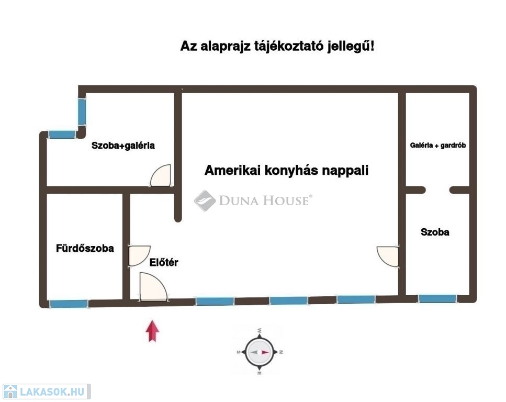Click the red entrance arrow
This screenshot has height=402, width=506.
(152, 331)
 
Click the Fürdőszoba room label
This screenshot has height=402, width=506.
(85, 249)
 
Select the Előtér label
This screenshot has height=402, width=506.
(164, 263)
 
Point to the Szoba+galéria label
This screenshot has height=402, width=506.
(123, 146)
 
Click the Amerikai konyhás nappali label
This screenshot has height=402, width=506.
(286, 171)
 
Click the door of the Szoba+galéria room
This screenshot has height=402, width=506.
(161, 176)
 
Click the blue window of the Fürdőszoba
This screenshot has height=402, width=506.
(69, 304)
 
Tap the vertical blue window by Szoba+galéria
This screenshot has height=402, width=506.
(82, 112)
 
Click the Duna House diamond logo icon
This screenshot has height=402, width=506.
(205, 200)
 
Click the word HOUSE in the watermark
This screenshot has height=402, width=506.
(286, 200)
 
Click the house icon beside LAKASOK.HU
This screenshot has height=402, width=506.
(10, 392)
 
